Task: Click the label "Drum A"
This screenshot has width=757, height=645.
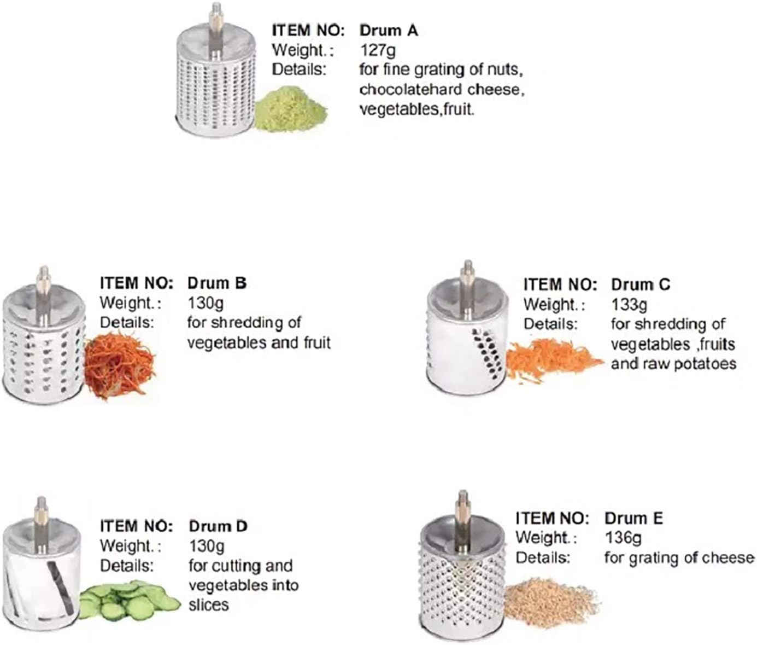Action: pyautogui.click(x=389, y=31)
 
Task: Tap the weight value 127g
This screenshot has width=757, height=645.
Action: pyautogui.click(x=378, y=50)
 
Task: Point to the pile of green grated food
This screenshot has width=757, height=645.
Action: pyautogui.click(x=290, y=108)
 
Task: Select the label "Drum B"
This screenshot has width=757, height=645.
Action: pyautogui.click(x=217, y=283)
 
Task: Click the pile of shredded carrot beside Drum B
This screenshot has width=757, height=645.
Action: pyautogui.click(x=119, y=365)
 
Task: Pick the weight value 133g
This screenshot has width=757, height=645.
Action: pyautogui.click(x=629, y=305)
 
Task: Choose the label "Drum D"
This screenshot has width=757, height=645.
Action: pyautogui.click(x=218, y=526)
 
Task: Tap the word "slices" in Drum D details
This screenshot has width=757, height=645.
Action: pyautogui.click(x=209, y=605)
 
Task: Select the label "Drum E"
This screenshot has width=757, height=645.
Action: pyautogui.click(x=634, y=519)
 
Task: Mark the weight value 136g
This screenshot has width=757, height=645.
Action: pyautogui.click(x=623, y=538)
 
